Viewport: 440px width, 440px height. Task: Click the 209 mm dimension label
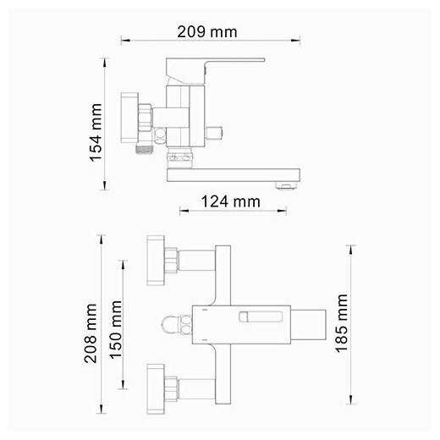(207, 32)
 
